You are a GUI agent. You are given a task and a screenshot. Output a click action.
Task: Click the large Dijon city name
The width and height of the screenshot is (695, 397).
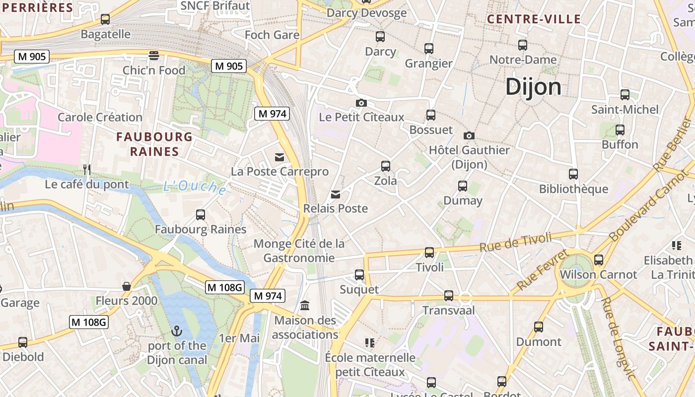pos(534,87)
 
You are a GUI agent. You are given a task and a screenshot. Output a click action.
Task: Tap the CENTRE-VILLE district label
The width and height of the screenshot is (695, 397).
pos(534,19)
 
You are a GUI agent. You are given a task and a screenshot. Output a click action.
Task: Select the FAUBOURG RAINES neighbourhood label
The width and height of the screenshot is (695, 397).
pos(154,144)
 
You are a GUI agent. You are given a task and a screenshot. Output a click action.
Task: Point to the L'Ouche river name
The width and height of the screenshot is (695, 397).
pos(195,187)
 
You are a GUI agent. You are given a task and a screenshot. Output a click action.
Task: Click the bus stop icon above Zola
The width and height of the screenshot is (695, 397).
pos(386,166)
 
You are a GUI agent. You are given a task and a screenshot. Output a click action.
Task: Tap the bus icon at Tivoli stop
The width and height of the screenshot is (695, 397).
pos(429,253)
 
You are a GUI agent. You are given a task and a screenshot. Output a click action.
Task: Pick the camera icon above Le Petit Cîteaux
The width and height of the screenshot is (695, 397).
pos(361,103)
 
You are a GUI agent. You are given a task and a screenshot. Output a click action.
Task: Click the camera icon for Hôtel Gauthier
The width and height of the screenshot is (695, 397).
pos(469,135)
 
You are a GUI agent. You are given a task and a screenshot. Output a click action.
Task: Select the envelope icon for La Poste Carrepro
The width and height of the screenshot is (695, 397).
pos(279,157)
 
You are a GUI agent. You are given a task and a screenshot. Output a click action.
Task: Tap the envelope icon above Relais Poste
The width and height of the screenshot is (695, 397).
pos(336,194)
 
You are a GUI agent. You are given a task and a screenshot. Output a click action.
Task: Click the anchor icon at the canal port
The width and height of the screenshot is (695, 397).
pos(177,331)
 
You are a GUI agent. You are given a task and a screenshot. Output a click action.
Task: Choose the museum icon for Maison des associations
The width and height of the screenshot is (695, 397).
pos(305,305)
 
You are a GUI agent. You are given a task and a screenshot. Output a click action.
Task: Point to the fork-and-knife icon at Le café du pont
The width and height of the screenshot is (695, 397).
pos(87,170)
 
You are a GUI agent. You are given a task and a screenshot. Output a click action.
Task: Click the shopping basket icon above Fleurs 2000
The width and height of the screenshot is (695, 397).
pos(127,286)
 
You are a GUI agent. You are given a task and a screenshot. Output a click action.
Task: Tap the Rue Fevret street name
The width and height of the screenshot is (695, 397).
pos(543,270)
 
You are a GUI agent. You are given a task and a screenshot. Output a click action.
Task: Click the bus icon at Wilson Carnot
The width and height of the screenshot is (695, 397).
pos(599,260)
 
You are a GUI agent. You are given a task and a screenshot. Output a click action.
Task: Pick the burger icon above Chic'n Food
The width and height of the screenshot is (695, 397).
pos(154,55)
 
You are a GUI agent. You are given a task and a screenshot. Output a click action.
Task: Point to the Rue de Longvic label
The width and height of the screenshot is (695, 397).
pos(617,338)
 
